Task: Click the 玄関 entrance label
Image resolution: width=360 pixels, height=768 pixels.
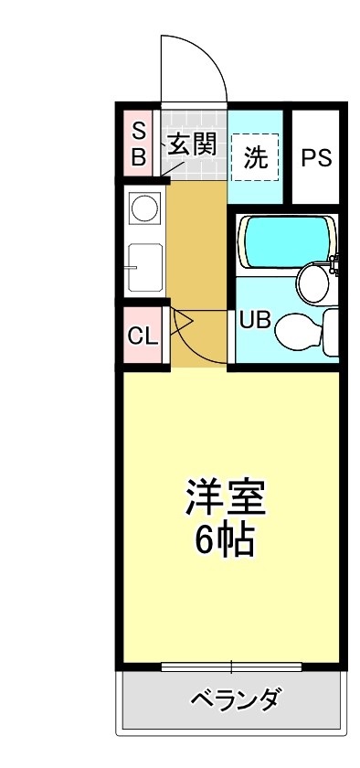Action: [192, 144]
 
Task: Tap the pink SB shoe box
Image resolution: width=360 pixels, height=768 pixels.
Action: [138, 144]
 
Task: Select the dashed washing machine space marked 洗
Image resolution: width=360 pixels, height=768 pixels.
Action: [255, 156]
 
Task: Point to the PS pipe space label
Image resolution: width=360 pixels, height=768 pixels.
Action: [316, 157]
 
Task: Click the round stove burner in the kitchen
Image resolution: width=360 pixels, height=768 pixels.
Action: [144, 208]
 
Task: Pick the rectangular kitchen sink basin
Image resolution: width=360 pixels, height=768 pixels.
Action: [145, 267]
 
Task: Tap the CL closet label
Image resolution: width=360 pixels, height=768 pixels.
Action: [143, 336]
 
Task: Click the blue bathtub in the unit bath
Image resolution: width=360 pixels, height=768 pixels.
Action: [288, 240]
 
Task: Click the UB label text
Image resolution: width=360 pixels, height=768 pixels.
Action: [255, 320]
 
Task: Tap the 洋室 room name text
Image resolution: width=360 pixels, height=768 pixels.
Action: [226, 497]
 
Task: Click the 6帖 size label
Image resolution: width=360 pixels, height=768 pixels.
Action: [225, 539]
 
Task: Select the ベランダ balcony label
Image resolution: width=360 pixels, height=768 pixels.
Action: [236, 698]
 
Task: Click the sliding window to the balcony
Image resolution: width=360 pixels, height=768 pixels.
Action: [231, 667]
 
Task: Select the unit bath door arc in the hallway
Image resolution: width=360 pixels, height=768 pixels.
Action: [188, 348]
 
